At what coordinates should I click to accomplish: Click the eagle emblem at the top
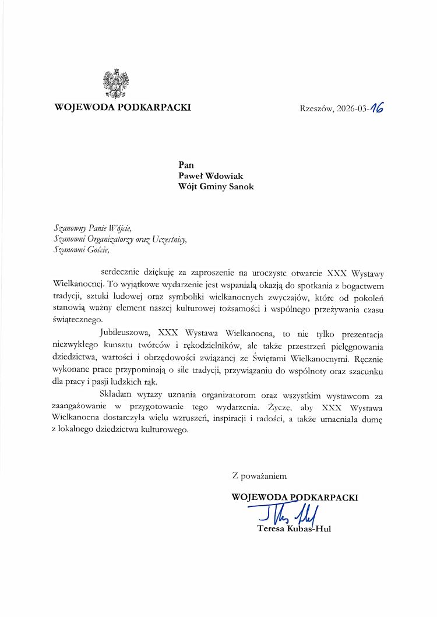tap(115, 83)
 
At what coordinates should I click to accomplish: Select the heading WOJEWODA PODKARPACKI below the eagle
tap(122, 108)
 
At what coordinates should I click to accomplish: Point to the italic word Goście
tap(96, 251)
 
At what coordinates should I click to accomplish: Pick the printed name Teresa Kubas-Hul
tap(294, 529)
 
